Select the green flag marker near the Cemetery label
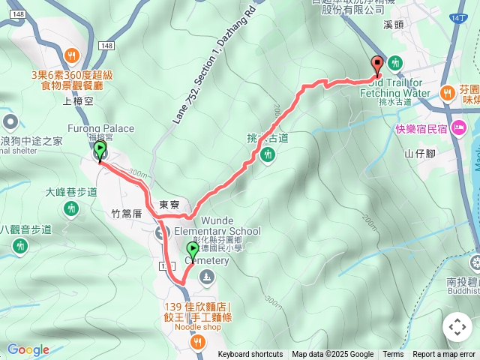(193, 251)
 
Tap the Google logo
(28, 349)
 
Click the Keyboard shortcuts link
(250, 355)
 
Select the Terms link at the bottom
(393, 355)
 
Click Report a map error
(445, 355)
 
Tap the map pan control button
(457, 327)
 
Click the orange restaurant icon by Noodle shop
(198, 341)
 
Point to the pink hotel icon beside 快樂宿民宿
(459, 127)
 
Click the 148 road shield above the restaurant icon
(105, 46)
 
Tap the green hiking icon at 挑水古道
(268, 154)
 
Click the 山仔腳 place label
(421, 154)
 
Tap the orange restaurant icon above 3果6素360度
(72, 55)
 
